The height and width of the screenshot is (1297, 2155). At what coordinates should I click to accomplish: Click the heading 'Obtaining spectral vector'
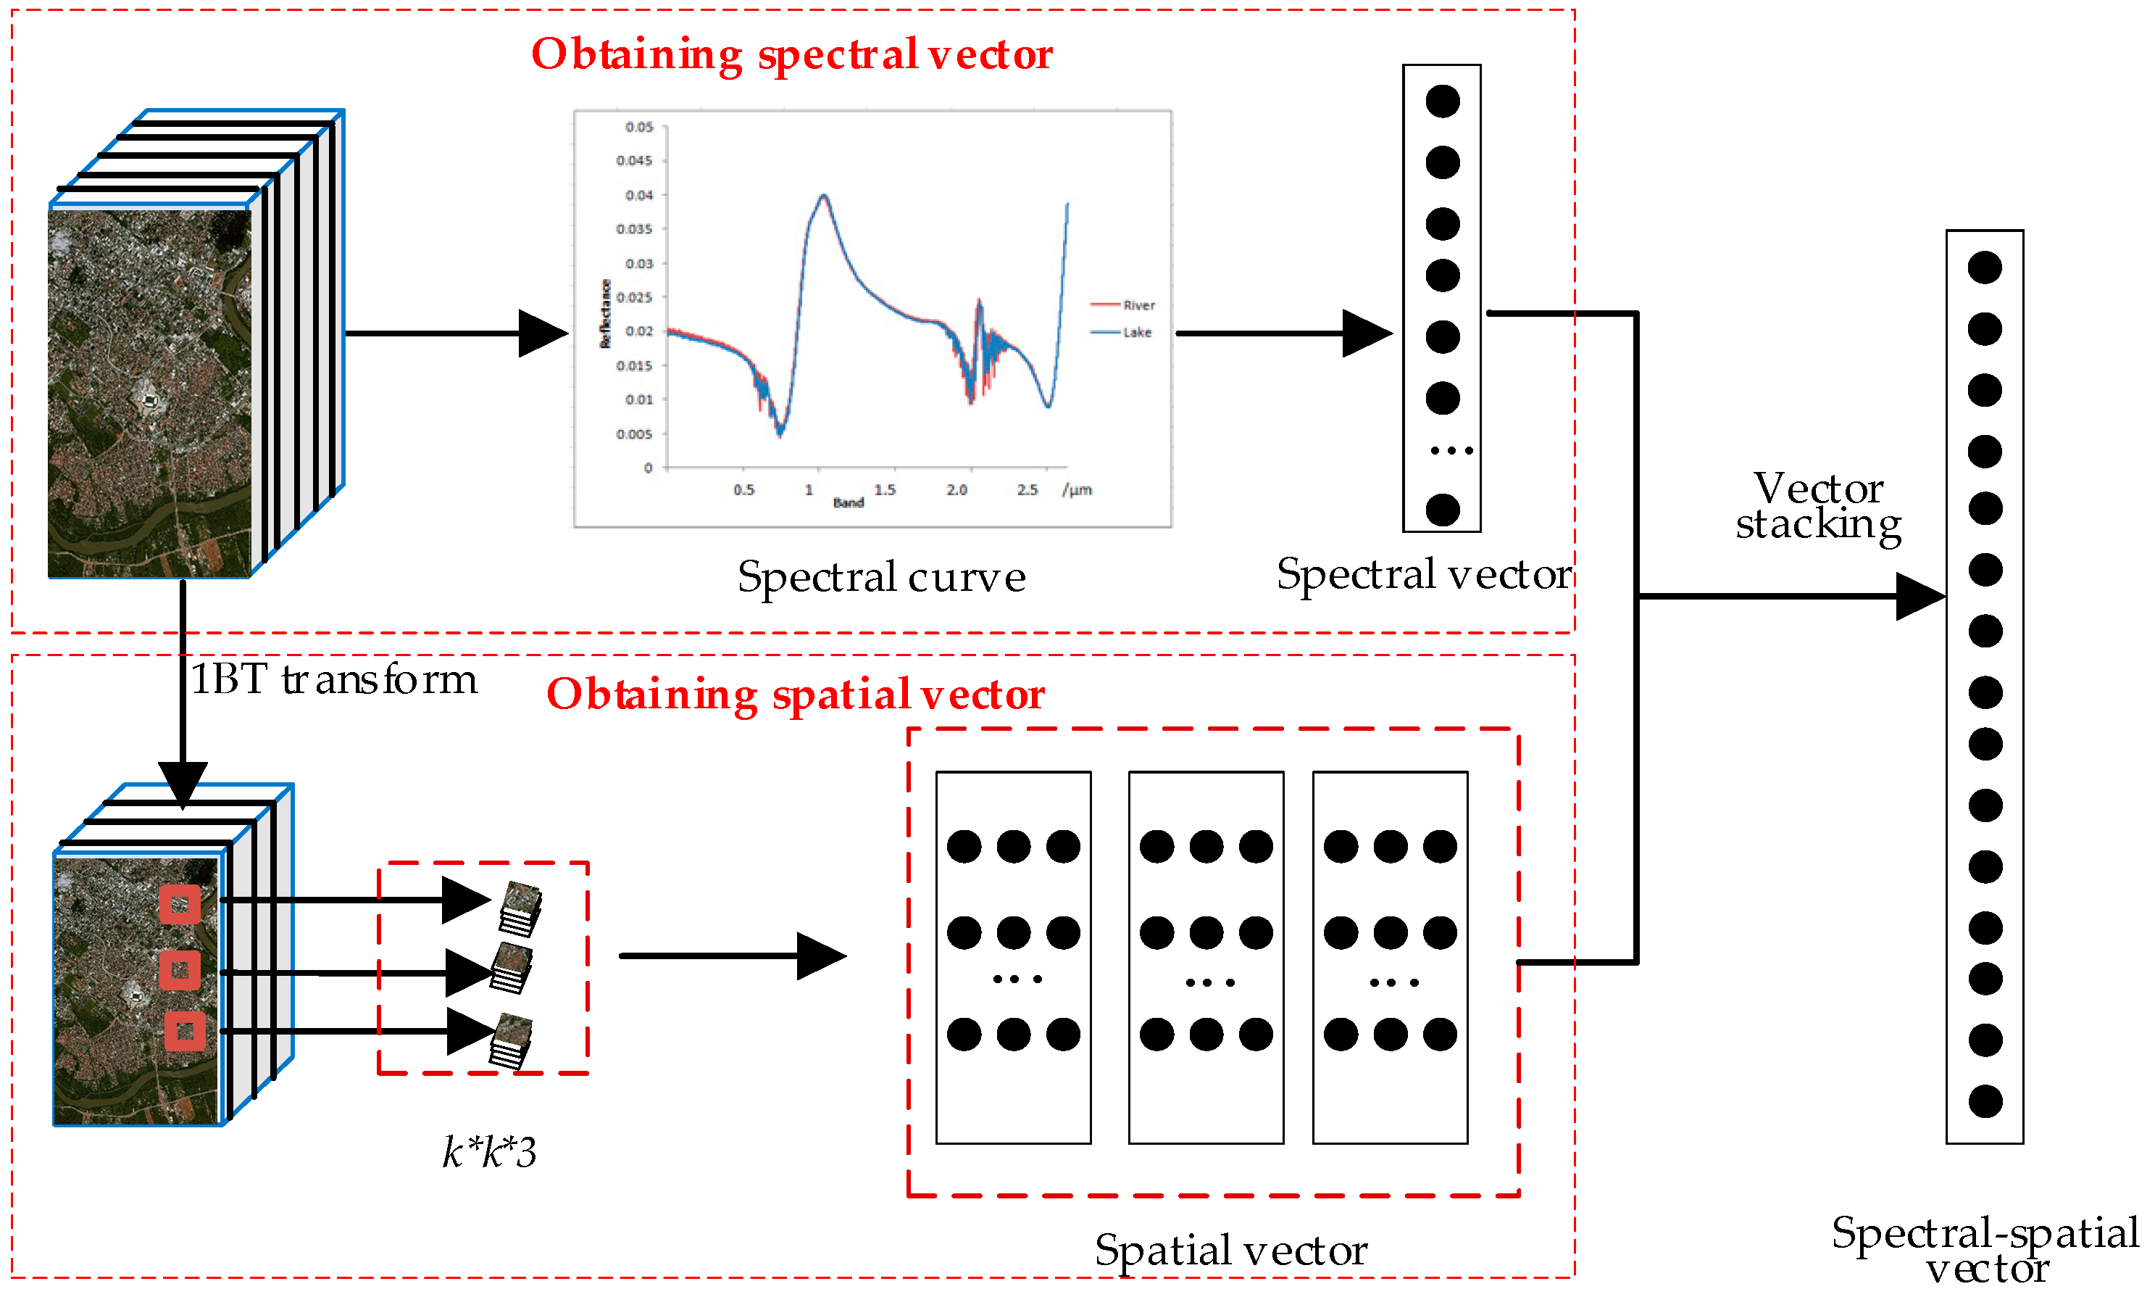[x=791, y=54]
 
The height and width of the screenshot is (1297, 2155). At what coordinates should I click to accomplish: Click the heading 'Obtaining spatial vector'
[x=795, y=694]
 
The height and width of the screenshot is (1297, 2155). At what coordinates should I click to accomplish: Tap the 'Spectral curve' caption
[x=880, y=577]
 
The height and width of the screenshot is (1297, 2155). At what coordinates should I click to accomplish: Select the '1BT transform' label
[x=334, y=679]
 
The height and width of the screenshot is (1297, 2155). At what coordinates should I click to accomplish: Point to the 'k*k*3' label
[x=489, y=1152]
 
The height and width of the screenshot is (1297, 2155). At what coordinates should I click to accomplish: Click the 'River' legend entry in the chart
[x=1138, y=305]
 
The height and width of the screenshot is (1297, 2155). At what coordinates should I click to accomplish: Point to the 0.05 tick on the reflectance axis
[x=638, y=128]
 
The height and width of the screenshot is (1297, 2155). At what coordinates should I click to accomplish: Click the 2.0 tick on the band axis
[x=956, y=489]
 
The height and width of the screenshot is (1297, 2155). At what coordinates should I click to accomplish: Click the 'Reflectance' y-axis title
[x=604, y=314]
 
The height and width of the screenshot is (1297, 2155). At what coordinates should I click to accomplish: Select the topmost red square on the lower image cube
[x=180, y=905]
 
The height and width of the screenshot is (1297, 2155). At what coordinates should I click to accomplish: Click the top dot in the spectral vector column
[x=1442, y=101]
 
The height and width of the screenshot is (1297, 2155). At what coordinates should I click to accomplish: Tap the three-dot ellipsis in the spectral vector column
[x=1451, y=451]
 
